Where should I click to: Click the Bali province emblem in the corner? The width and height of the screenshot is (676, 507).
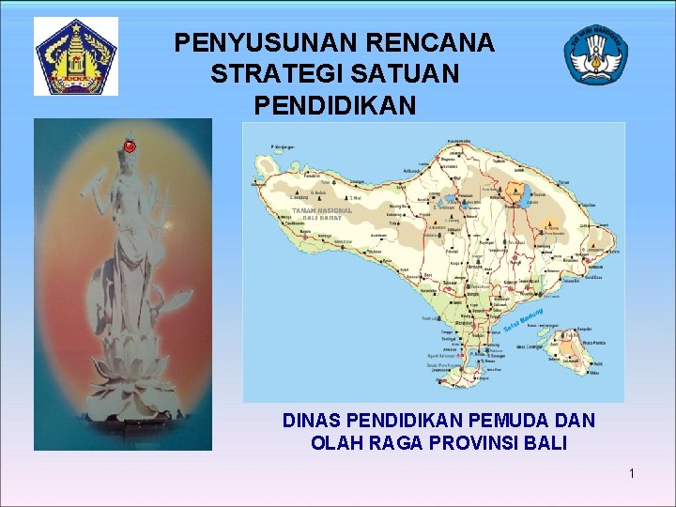point(76,56)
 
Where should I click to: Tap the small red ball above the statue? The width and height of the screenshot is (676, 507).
point(130,146)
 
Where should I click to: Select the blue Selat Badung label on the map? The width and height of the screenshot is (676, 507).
point(524,318)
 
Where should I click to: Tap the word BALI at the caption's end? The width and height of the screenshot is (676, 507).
point(546,443)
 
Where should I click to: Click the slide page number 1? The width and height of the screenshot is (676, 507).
point(632,473)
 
